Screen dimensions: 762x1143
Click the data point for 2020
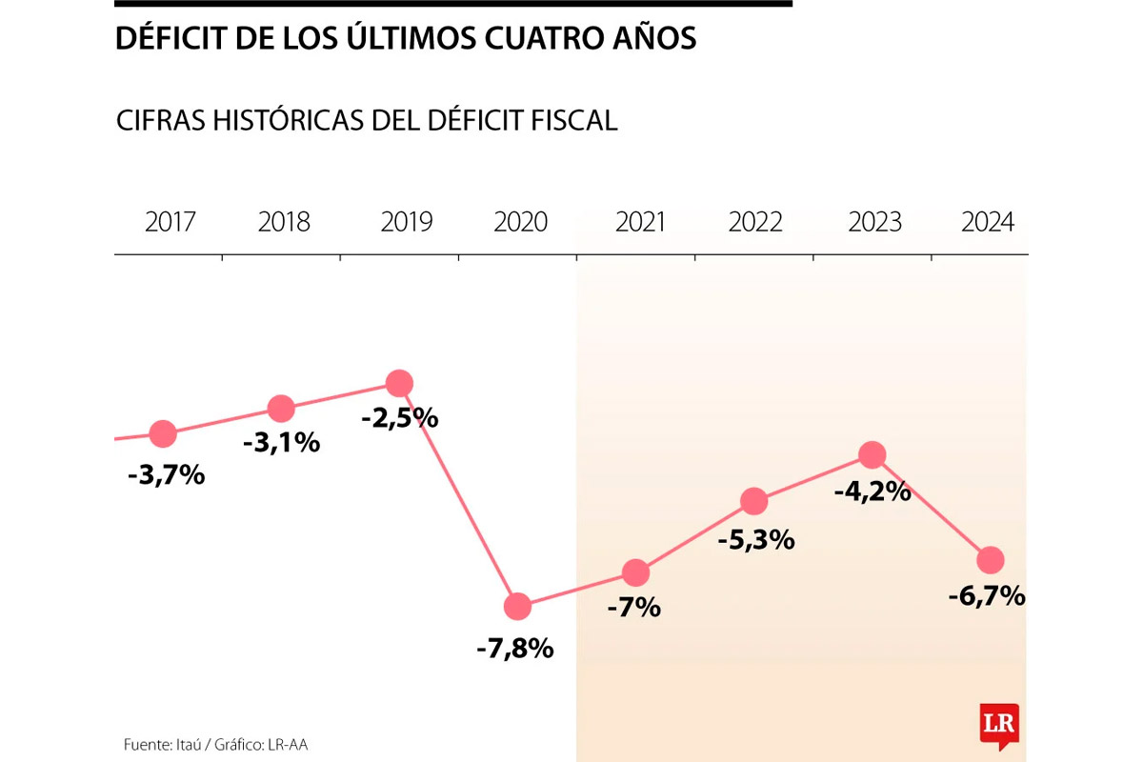(517, 606)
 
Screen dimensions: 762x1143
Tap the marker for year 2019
(399, 384)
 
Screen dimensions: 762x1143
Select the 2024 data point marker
(991, 560)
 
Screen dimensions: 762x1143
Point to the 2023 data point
(872, 455)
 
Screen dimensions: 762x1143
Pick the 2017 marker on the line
(163, 434)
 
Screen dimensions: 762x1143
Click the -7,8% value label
(515, 650)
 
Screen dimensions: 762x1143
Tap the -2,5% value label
(399, 417)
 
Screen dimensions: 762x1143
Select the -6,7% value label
(987, 597)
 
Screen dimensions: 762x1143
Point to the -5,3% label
(757, 540)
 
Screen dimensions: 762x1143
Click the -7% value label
(634, 607)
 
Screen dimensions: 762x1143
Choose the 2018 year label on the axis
(284, 223)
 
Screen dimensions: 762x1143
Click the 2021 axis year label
(641, 223)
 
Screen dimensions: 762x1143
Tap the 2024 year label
(988, 223)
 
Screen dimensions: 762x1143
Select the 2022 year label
(755, 223)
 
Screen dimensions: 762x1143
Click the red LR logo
(999, 725)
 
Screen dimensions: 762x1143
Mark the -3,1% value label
(281, 443)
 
